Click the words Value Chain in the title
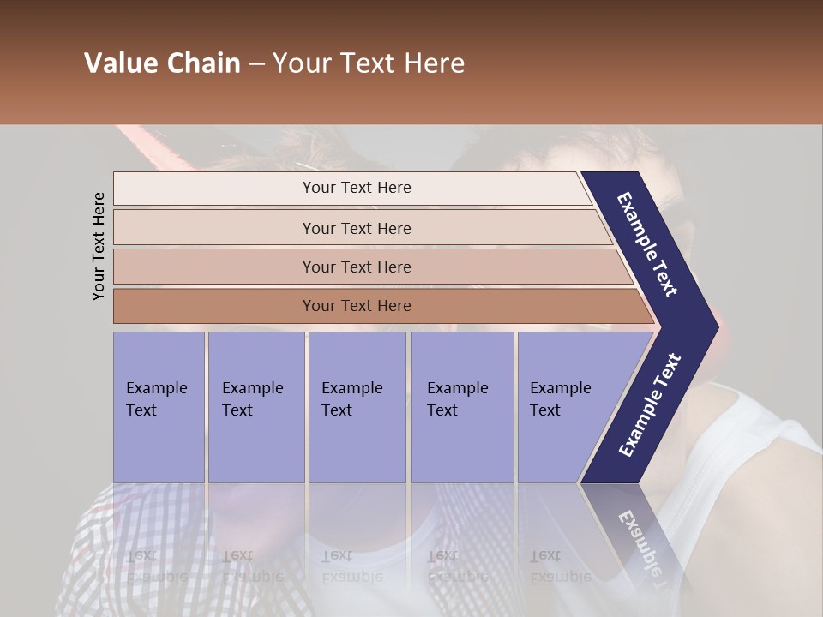tap(162, 63)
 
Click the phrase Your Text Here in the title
tap(369, 63)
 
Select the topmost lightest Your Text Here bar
tap(356, 188)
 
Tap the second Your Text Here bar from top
tap(356, 228)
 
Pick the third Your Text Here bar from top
tap(356, 267)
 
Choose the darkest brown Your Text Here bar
tap(356, 306)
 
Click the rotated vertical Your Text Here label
tap(99, 246)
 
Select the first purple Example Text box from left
tap(159, 406)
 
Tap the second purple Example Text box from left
tap(255, 406)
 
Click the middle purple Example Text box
tap(357, 406)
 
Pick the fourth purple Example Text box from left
tap(461, 406)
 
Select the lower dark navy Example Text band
tap(649, 406)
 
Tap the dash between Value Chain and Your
tap(256, 65)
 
